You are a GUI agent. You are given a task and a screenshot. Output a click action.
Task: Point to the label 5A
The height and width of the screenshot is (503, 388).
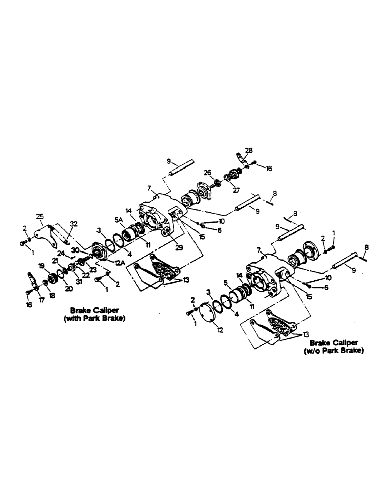119,219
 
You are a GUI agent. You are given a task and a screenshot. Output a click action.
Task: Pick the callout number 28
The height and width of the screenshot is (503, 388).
248,150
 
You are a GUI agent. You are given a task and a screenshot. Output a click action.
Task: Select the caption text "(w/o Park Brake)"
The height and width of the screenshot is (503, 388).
333,351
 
